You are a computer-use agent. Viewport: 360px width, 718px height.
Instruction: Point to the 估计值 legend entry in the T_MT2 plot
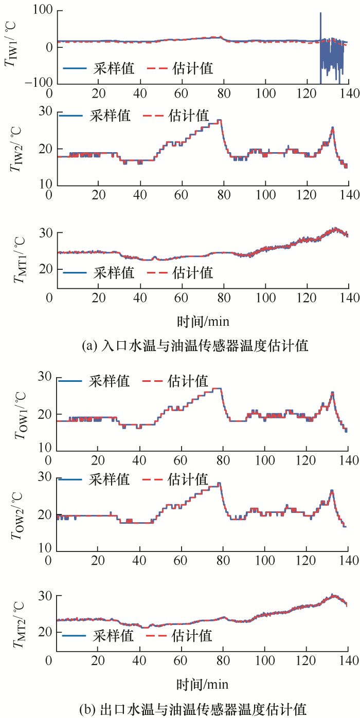(192, 636)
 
